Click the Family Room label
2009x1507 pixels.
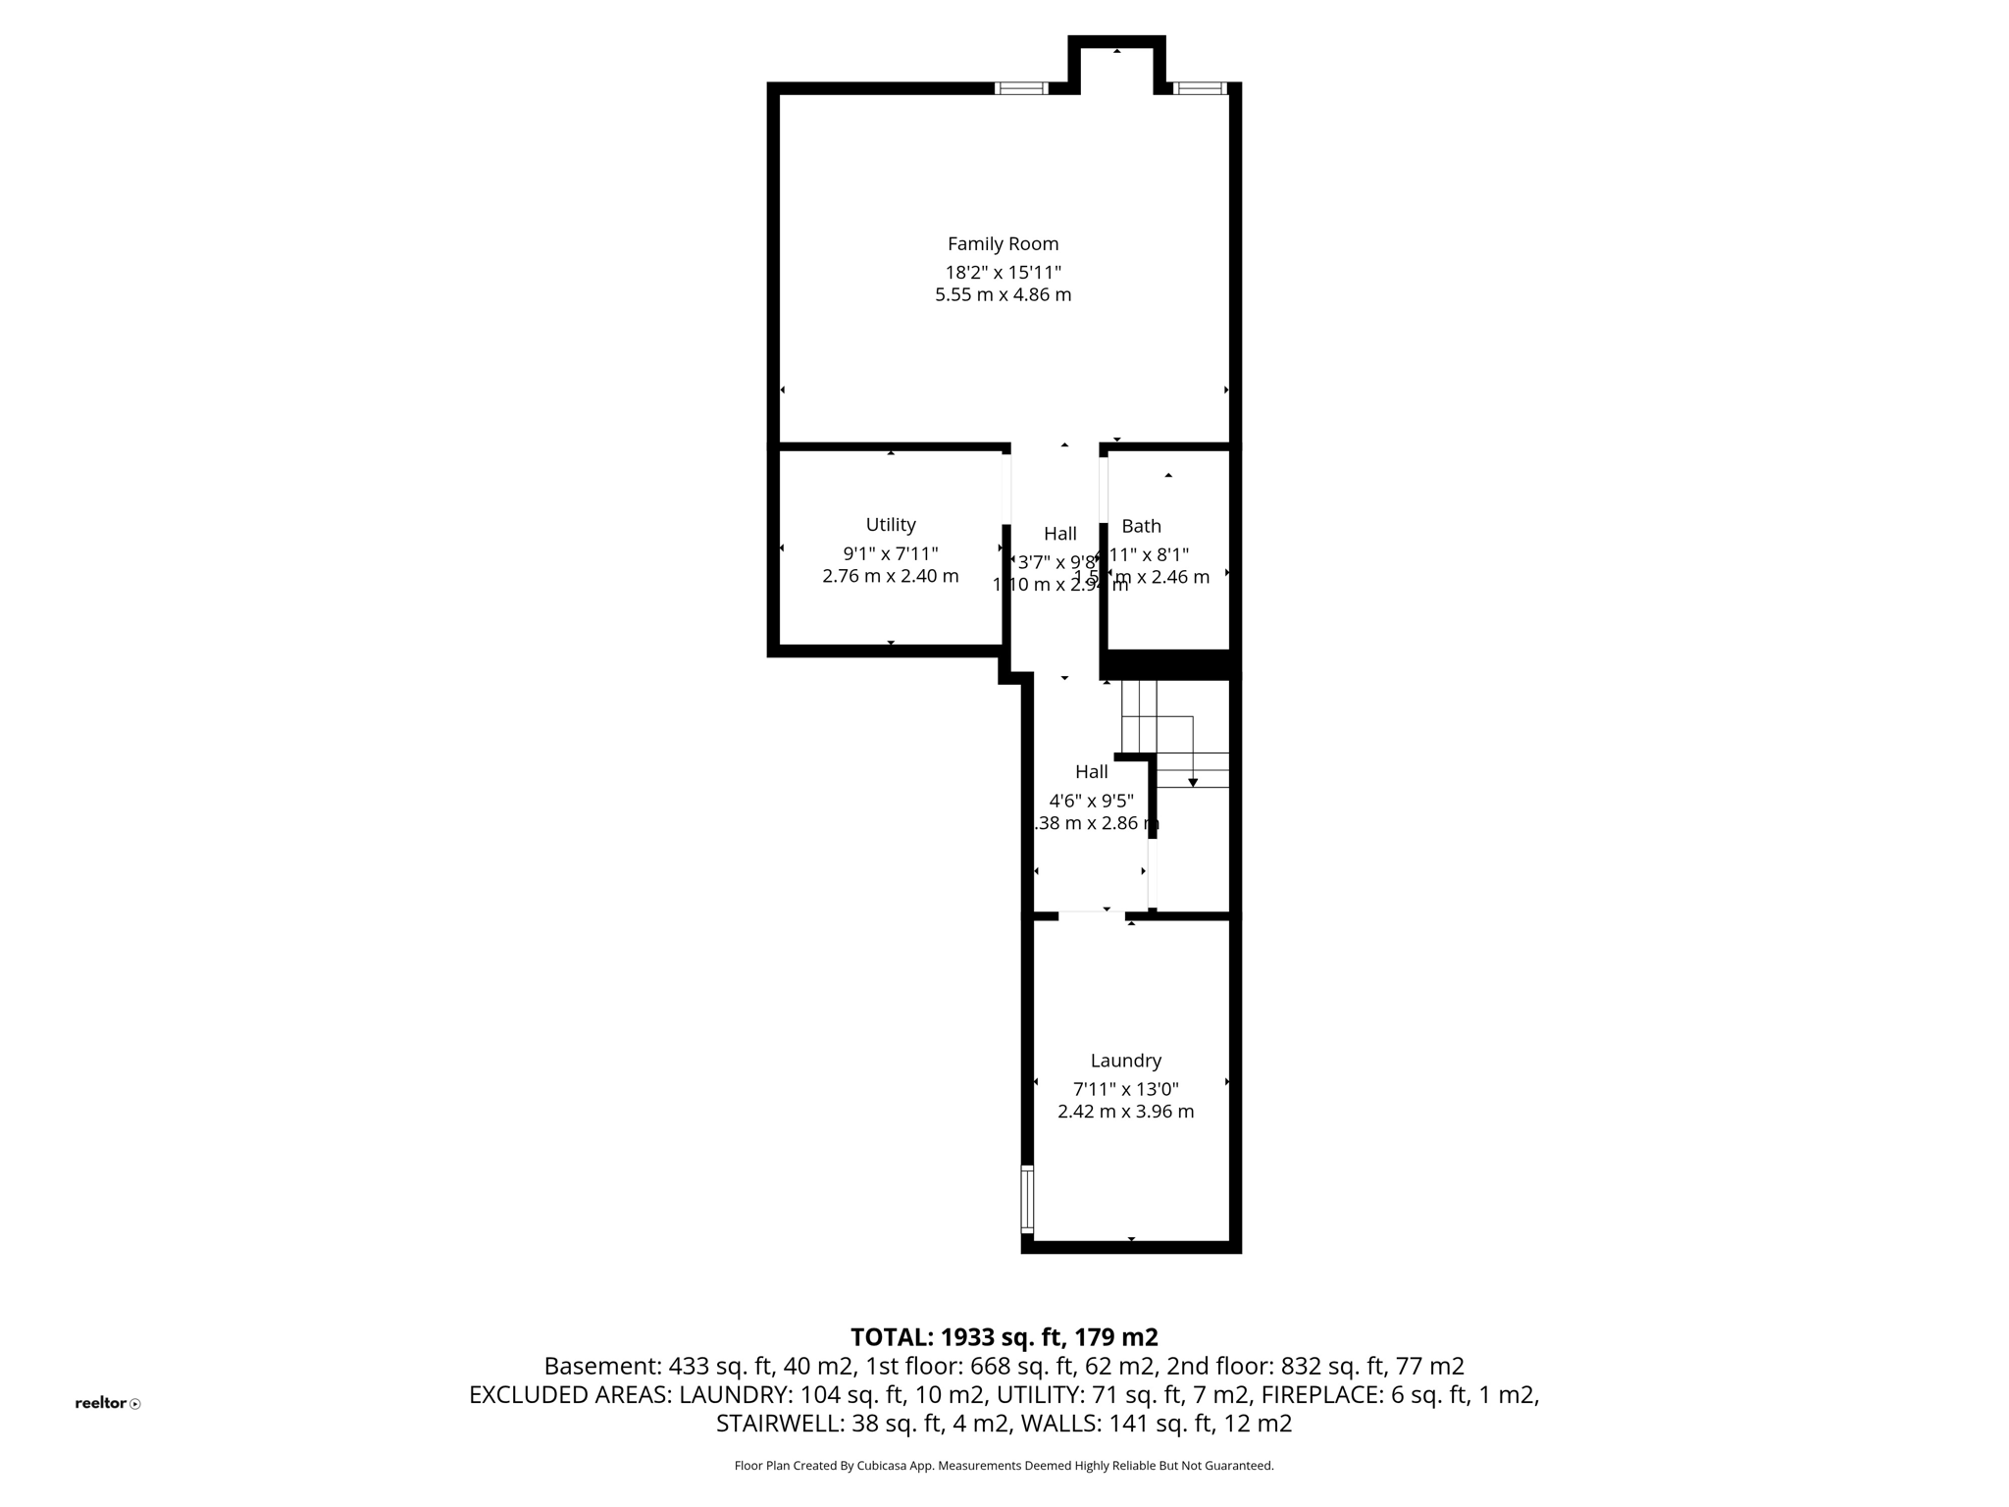click(1003, 243)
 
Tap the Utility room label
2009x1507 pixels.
click(891, 524)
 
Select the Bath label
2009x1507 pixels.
click(1141, 526)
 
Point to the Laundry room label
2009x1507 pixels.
click(1125, 1060)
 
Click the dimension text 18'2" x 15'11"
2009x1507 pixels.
click(1003, 272)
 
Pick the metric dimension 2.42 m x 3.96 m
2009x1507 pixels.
click(1125, 1111)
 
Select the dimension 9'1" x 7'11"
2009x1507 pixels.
click(891, 553)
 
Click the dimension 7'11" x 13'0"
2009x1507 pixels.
click(1125, 1088)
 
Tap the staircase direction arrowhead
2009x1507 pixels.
click(1193, 782)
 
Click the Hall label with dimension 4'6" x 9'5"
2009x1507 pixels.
click(1091, 771)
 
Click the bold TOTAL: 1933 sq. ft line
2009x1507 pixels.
click(1004, 1336)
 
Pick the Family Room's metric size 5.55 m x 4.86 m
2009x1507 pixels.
click(1003, 294)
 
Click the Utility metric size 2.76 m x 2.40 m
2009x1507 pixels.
click(891, 576)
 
